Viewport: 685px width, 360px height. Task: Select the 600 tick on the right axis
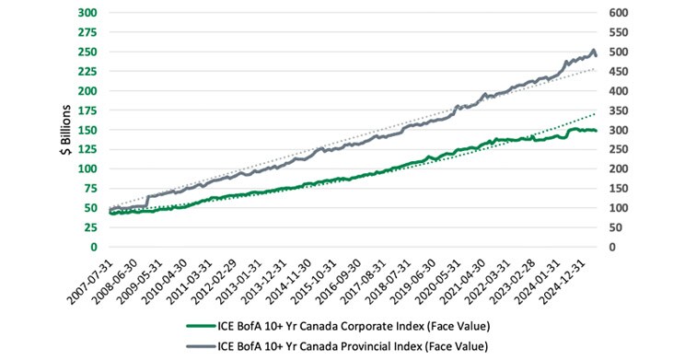621,13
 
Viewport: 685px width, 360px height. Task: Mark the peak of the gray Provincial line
593,50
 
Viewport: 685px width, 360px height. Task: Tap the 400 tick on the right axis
621,91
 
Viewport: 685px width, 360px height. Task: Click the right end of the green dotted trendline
597,113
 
